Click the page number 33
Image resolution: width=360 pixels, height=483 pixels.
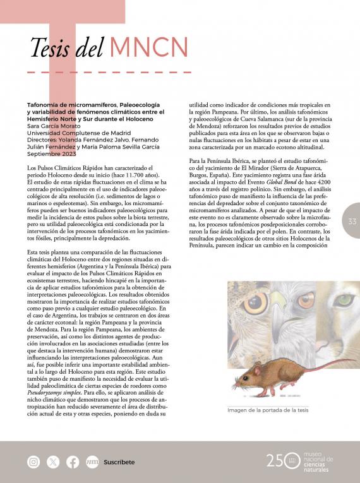(x=352, y=222)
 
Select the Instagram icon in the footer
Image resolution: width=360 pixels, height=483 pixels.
(x=33, y=462)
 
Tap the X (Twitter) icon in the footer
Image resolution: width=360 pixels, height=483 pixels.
(x=53, y=462)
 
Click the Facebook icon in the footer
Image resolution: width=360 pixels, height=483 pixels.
(x=73, y=462)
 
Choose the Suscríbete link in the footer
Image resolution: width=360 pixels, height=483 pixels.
(x=119, y=462)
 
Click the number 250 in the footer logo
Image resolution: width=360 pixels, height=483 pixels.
(x=280, y=460)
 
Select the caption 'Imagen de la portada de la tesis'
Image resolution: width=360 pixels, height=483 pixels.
(x=268, y=410)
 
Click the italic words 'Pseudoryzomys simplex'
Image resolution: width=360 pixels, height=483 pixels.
(x=51, y=391)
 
